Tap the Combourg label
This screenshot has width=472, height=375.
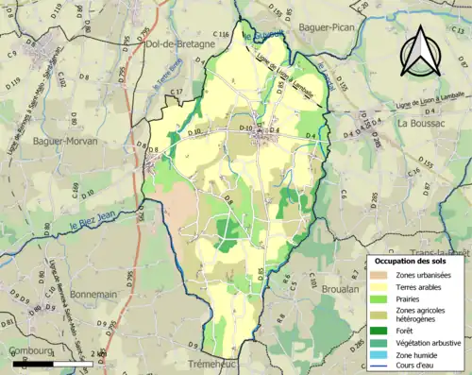click(31, 351)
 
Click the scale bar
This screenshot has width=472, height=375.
click(40, 363)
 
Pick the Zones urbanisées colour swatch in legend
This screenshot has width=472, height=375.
click(380, 274)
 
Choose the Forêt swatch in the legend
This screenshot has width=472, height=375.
click(380, 331)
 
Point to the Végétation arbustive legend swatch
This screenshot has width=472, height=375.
click(380, 342)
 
